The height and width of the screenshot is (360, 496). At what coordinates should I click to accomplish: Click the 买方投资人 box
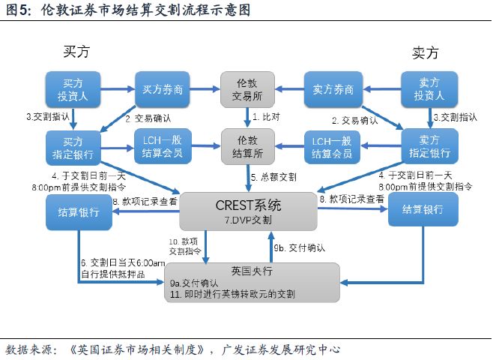pyautogui.click(x=73, y=89)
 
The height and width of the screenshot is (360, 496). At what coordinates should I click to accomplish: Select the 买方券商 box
pyautogui.click(x=163, y=89)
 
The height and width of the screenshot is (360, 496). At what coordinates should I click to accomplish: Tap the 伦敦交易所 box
pyautogui.click(x=247, y=89)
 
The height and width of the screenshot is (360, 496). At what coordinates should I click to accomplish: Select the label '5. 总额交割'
pyautogui.click(x=273, y=177)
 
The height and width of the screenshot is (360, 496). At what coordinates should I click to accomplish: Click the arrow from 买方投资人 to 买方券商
pyautogui.click(x=117, y=89)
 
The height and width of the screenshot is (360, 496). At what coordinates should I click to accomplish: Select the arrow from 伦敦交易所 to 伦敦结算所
pyautogui.click(x=247, y=117)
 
